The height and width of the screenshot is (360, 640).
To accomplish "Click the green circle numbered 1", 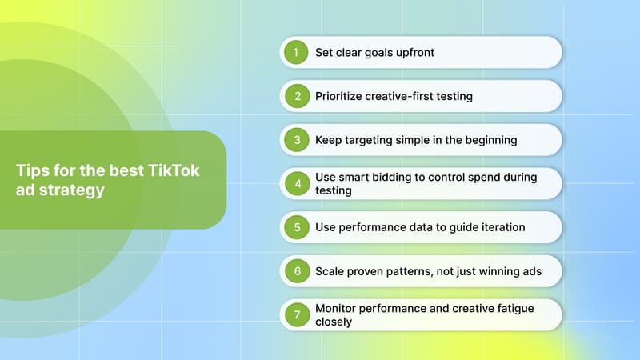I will pos(297,52).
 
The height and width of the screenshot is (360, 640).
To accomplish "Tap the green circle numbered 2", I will pos(297,96).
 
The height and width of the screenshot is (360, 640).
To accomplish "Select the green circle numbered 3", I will pos(297,140).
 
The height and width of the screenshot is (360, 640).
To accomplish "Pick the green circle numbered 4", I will pos(297,183).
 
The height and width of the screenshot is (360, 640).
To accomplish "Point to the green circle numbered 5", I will pos(297,227).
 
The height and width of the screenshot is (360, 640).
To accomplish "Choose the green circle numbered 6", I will pos(297,271).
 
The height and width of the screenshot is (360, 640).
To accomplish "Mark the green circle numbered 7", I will pos(297,315).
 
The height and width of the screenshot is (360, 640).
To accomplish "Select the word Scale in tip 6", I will pos(331,272).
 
